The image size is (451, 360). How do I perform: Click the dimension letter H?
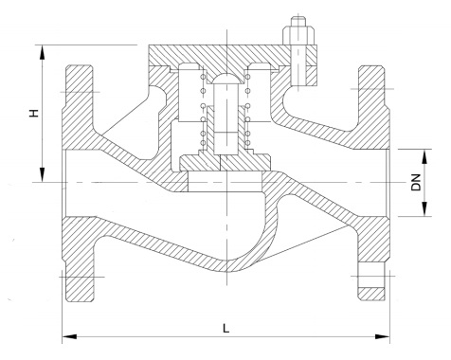point(34,113)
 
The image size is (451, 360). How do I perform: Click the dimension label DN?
point(416,182)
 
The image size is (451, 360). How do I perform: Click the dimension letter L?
point(225,328)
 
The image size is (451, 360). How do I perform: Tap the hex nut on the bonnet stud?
point(298,35)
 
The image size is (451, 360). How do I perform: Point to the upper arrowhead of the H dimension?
point(42,52)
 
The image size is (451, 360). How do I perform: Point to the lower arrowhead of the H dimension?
point(42,174)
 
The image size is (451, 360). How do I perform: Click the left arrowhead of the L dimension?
point(70,336)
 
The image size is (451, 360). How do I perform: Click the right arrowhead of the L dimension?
point(382,336)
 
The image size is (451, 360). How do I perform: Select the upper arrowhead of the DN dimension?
point(425,156)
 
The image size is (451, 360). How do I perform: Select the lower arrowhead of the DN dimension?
point(425,208)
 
